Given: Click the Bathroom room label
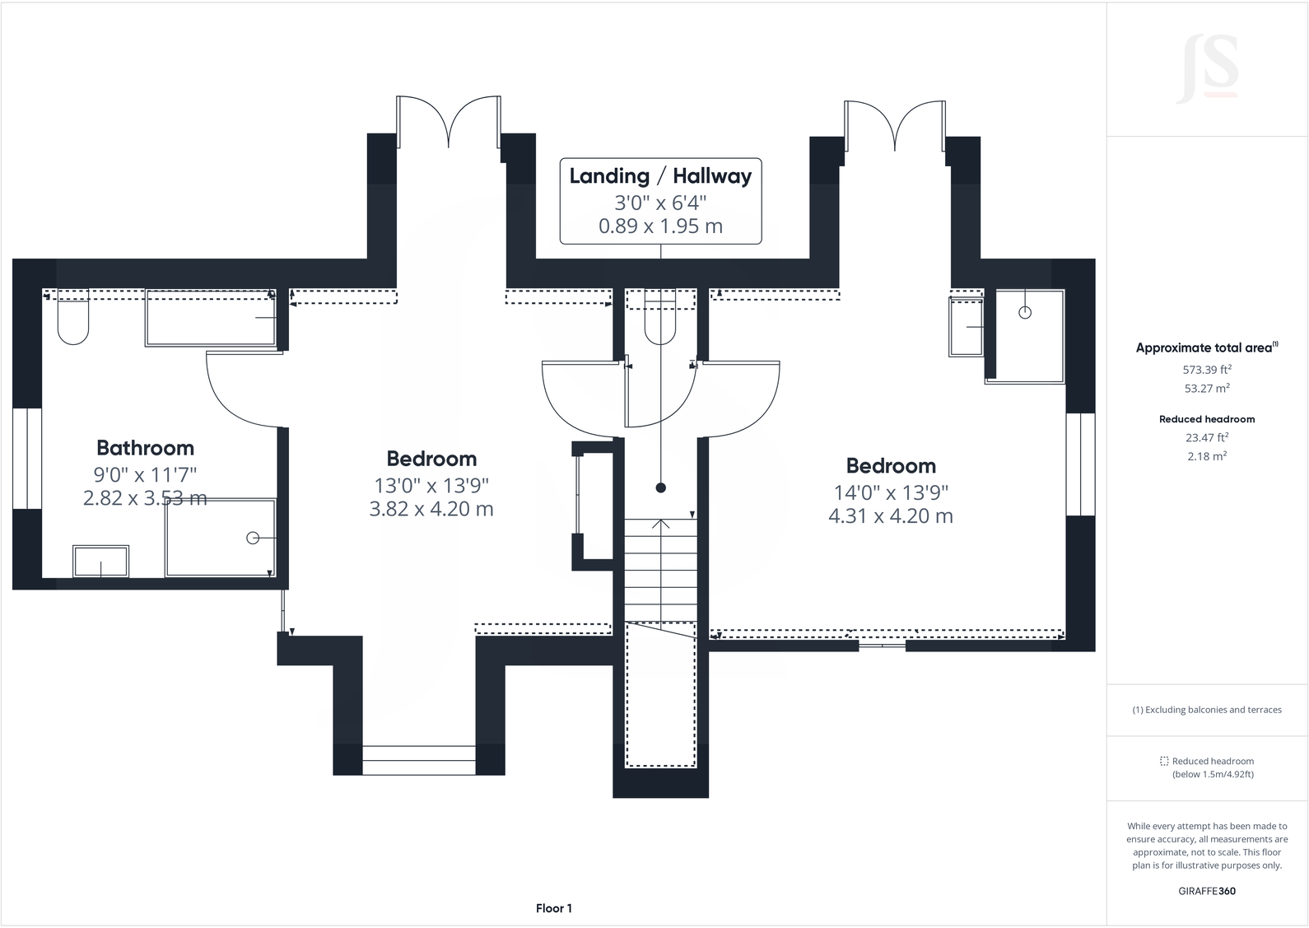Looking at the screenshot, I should (x=145, y=448).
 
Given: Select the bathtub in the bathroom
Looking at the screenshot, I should (x=211, y=317).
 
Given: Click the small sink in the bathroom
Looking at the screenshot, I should (x=100, y=562).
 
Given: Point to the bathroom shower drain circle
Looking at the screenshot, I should (x=253, y=538).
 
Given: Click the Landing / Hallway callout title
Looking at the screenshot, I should (x=660, y=176).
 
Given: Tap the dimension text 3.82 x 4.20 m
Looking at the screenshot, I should (x=431, y=509).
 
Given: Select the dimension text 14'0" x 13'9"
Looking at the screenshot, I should (x=891, y=492).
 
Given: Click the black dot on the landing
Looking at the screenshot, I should (x=660, y=488).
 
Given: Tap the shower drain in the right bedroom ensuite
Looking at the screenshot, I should (x=1025, y=313).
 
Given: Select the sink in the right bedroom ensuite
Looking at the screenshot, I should (x=967, y=327).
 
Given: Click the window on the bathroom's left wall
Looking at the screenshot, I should (x=27, y=458).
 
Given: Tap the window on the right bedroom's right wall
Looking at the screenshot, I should (x=1080, y=464).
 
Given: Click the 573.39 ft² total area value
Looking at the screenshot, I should (x=1207, y=370).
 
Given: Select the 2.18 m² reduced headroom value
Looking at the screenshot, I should (x=1207, y=455).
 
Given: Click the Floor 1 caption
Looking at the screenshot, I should (x=553, y=908).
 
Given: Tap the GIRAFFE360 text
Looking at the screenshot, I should (x=1207, y=891).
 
